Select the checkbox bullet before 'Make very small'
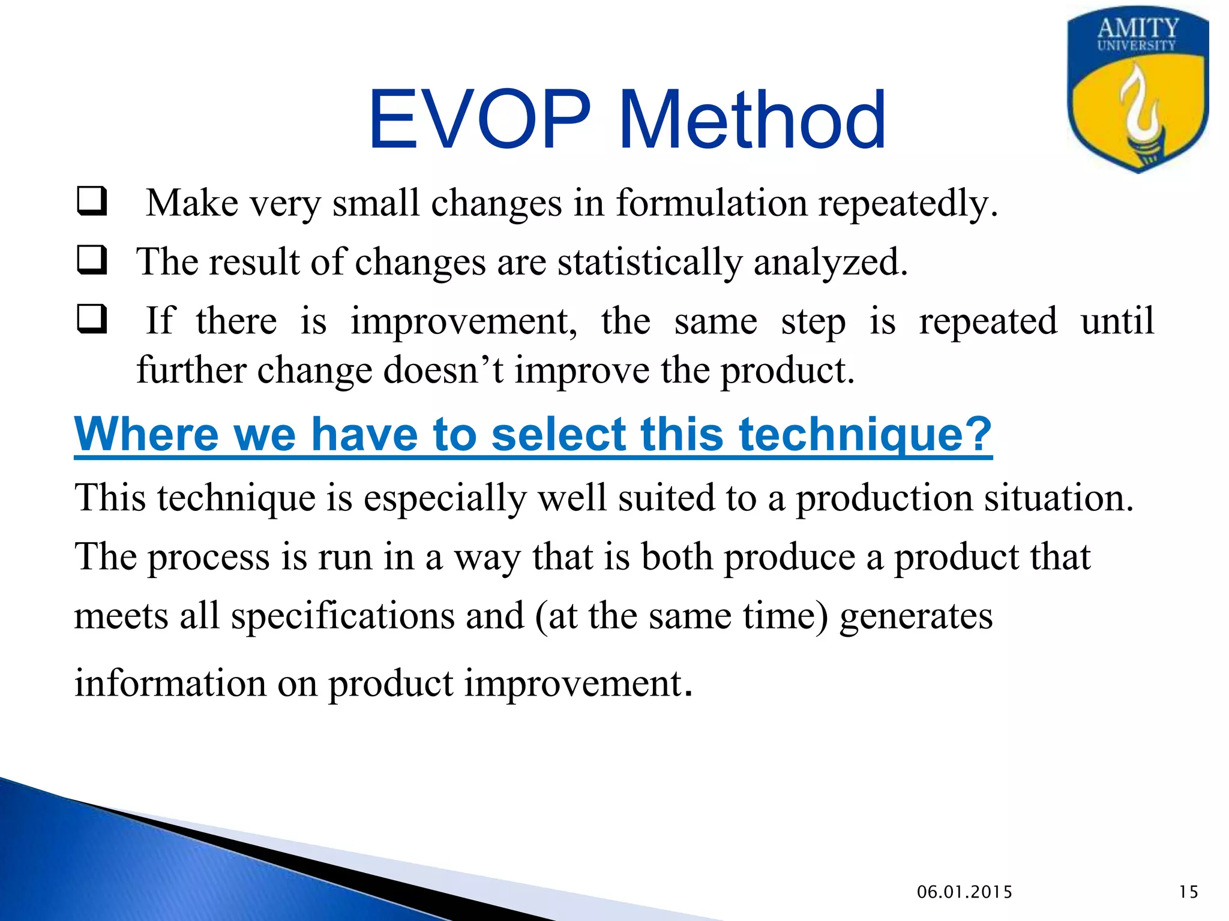point(92,201)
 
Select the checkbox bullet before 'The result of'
point(92,260)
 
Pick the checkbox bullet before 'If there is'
point(92,319)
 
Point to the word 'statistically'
point(650,262)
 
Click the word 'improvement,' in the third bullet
point(463,321)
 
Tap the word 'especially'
point(444,498)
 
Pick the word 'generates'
point(916,616)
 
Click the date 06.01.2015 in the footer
point(964,892)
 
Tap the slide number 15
point(1188,892)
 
